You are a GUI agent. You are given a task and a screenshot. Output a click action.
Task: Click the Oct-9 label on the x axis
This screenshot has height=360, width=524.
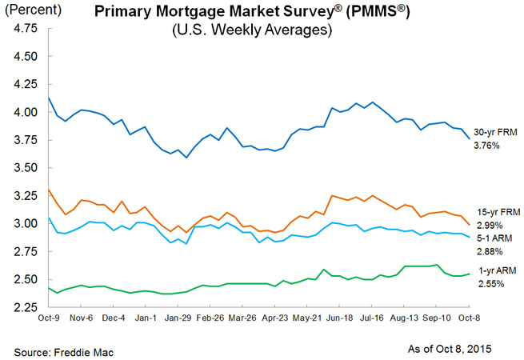(x=50, y=318)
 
